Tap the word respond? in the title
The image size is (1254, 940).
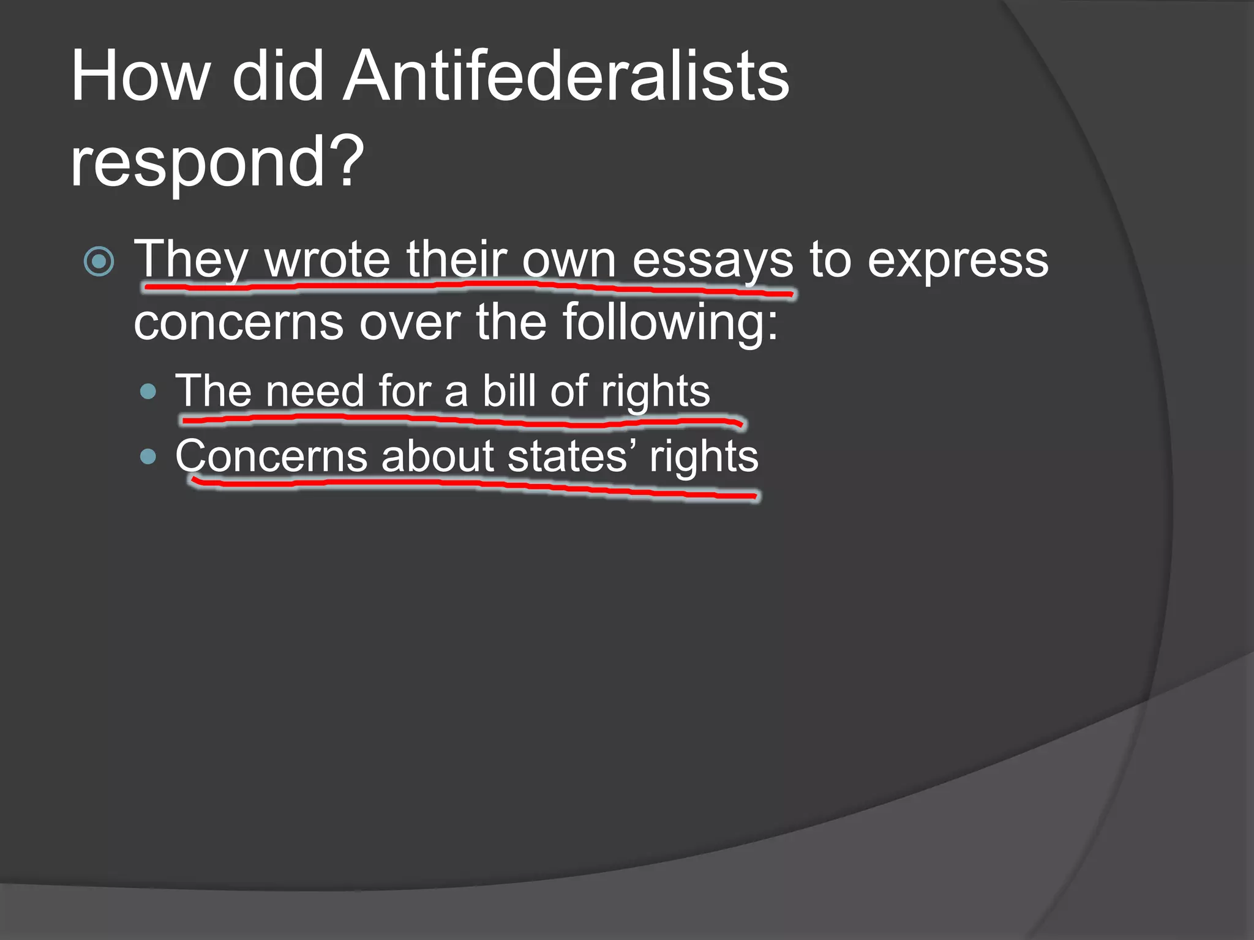click(217, 162)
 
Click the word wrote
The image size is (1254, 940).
click(327, 260)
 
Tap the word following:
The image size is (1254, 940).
click(670, 323)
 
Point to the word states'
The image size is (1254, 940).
click(572, 457)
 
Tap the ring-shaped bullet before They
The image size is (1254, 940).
click(99, 261)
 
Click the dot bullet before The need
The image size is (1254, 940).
click(148, 391)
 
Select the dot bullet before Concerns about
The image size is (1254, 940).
click(148, 457)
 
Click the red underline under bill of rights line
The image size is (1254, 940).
click(459, 420)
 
